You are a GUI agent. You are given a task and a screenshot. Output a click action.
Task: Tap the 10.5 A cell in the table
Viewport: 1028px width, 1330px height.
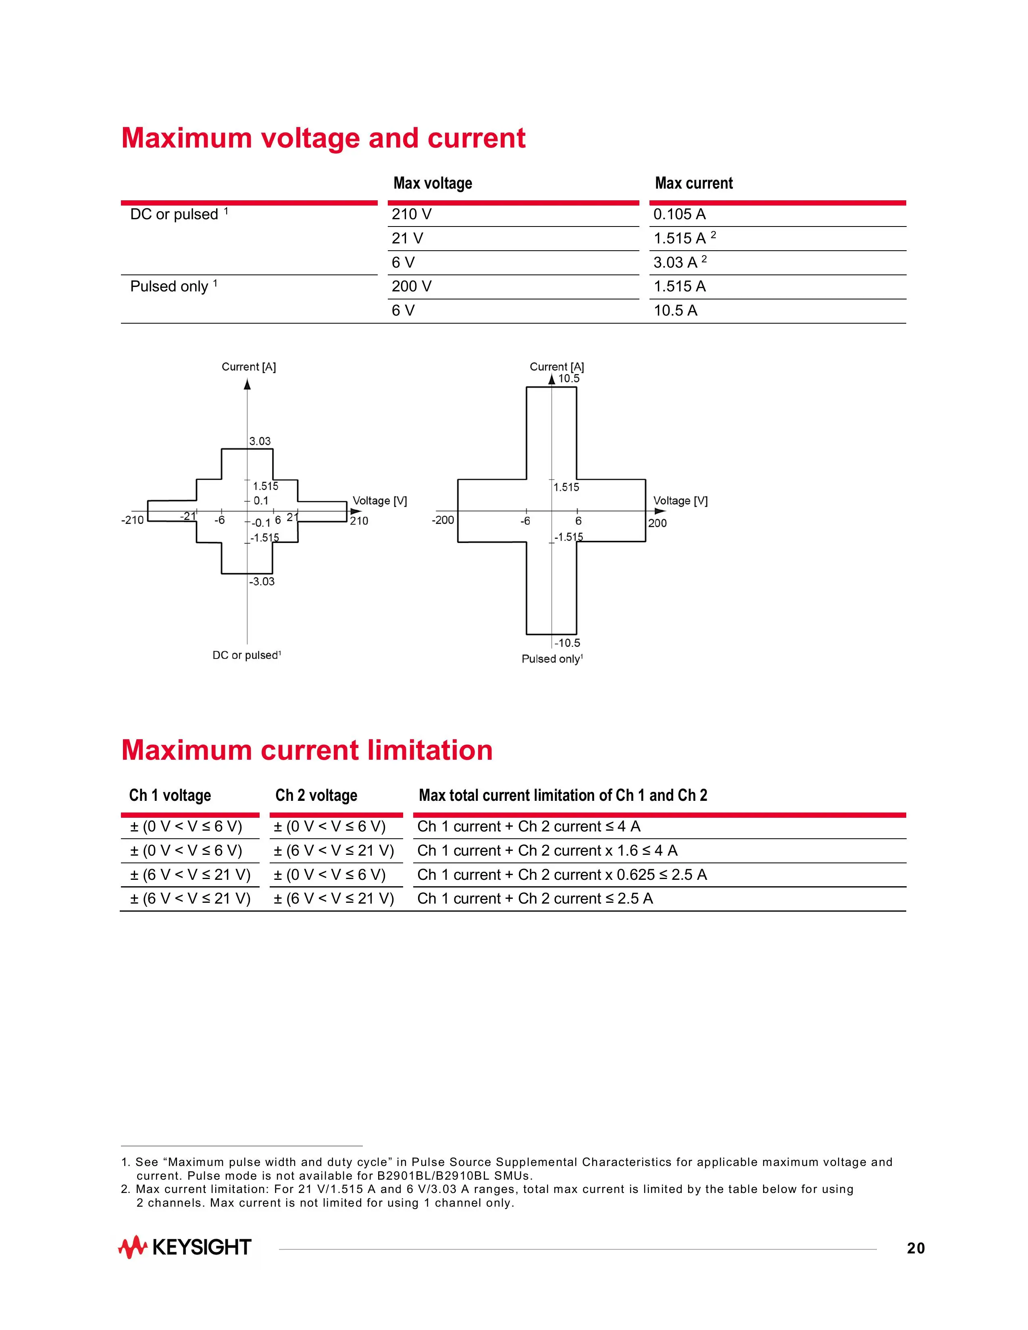[675, 311]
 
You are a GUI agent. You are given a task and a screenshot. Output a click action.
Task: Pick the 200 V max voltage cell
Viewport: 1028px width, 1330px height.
[412, 286]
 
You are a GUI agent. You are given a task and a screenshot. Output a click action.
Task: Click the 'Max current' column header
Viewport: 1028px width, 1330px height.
[694, 183]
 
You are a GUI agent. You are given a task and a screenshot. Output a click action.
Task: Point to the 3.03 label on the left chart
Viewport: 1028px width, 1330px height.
[260, 441]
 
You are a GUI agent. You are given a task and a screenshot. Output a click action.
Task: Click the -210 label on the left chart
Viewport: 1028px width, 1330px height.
[133, 520]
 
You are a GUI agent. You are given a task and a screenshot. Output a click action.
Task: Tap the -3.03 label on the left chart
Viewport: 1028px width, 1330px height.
[262, 582]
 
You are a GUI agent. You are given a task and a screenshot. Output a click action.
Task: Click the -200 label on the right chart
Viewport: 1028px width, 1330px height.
[443, 520]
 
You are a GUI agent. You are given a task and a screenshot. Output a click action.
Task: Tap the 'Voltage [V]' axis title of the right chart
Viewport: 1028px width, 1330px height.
[680, 501]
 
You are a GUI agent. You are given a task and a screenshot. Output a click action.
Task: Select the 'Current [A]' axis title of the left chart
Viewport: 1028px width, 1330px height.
[248, 367]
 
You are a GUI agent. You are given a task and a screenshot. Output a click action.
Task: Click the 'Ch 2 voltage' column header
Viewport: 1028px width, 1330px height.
[316, 795]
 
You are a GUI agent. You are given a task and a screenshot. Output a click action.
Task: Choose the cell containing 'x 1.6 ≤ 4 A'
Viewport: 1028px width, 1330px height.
[547, 851]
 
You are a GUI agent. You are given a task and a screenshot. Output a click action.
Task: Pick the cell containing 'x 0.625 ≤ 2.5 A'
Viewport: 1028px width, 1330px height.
[562, 875]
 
